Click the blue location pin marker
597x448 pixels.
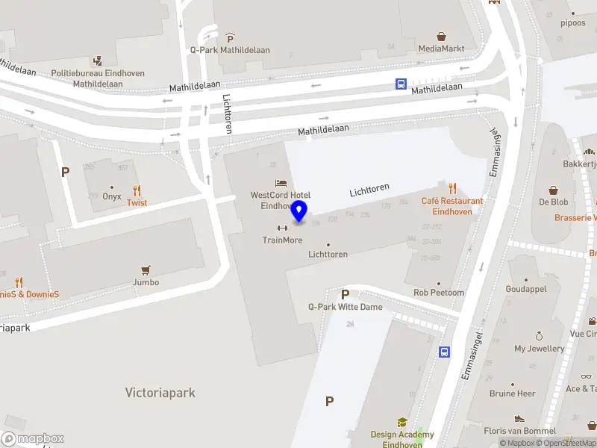tap(299, 211)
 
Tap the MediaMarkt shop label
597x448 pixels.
tap(441, 49)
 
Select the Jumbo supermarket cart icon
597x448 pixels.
tap(146, 270)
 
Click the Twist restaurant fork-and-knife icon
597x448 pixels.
tap(137, 190)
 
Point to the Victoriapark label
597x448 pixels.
tap(160, 392)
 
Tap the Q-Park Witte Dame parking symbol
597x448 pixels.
tap(345, 294)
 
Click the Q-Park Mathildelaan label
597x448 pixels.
tap(229, 50)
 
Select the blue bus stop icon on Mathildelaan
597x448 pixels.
tap(401, 84)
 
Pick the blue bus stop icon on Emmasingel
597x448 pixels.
tap(444, 352)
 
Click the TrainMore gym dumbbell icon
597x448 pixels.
tap(282, 228)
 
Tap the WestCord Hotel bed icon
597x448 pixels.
tap(281, 183)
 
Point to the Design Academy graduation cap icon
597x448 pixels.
tap(402, 423)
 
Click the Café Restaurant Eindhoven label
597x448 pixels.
tap(452, 206)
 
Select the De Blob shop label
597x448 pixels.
tap(554, 202)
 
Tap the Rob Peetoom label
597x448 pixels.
tap(439, 293)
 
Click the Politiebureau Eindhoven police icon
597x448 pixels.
tap(98, 60)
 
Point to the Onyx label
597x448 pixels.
tap(112, 196)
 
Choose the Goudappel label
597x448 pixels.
tap(527, 289)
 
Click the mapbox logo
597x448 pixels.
tap(33, 439)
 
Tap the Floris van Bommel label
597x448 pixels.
tap(519, 431)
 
